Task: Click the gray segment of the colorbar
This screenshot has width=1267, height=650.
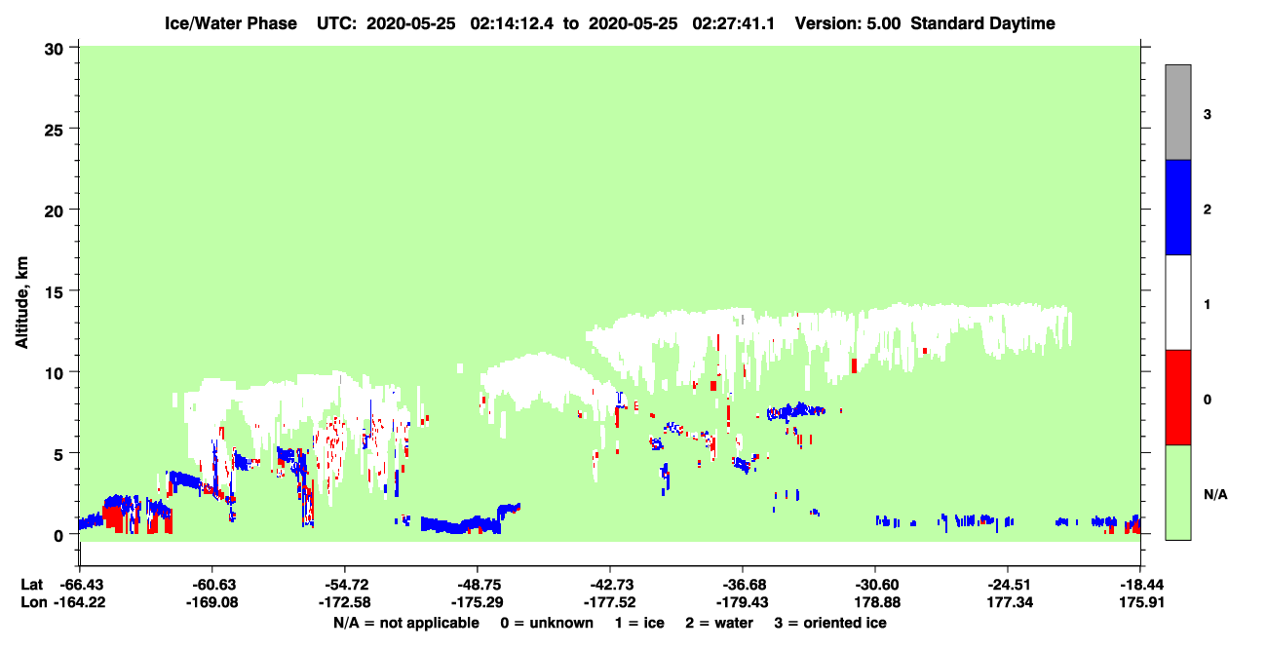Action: (1177, 112)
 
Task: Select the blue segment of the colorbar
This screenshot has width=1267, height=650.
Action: (1177, 207)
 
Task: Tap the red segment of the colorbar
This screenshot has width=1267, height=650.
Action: (1177, 398)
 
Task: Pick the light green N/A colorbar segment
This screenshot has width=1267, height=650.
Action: (1177, 492)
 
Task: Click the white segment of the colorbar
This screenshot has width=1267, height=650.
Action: (1177, 303)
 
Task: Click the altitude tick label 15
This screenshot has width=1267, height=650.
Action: (54, 291)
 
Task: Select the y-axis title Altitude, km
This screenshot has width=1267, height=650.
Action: (21, 303)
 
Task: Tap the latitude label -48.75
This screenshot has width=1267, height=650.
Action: (477, 585)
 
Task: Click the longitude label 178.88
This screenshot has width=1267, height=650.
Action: (877, 602)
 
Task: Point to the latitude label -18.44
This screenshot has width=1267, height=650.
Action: (1141, 585)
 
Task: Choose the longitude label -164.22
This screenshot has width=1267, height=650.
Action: (80, 602)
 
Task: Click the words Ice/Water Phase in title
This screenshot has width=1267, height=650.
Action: (231, 23)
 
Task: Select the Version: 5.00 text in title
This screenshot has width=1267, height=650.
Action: (848, 23)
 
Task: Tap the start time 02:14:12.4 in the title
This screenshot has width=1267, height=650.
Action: (512, 23)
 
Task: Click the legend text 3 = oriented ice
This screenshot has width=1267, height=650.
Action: (830, 623)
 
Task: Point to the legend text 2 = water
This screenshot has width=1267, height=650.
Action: (719, 623)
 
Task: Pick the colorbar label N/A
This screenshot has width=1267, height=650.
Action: (1215, 494)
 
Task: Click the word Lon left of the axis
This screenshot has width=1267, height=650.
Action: (34, 602)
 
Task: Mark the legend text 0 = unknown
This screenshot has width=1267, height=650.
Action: (547, 623)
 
